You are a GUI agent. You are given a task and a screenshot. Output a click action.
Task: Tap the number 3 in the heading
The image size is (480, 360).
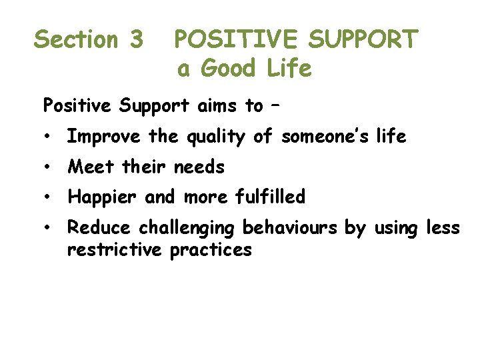tap(135, 40)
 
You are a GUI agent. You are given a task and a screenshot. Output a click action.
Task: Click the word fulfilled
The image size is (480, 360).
tap(270, 197)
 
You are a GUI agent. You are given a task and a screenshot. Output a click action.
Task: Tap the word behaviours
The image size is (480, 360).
tap(291, 228)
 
